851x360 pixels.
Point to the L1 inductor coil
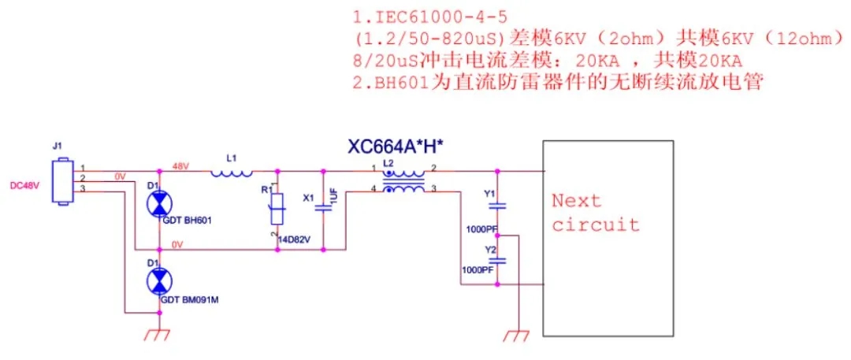click(x=231, y=172)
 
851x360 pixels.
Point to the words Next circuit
click(x=595, y=213)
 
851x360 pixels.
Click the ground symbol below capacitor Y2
click(x=517, y=334)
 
